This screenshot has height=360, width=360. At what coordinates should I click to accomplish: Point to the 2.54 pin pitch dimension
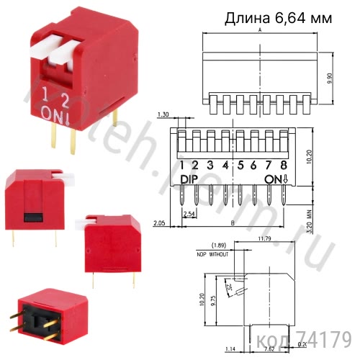click(189, 215)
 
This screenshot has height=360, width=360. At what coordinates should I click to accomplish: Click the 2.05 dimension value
click(159, 225)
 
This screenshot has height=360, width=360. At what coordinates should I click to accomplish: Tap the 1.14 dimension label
click(230, 349)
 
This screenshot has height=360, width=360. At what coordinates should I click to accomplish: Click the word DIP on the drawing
click(189, 179)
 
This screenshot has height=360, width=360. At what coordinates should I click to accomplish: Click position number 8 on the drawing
click(285, 165)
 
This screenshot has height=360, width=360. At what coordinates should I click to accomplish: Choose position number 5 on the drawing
click(240, 165)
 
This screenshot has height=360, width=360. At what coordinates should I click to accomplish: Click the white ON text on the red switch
click(51, 113)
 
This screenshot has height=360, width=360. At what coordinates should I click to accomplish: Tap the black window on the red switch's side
click(32, 216)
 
